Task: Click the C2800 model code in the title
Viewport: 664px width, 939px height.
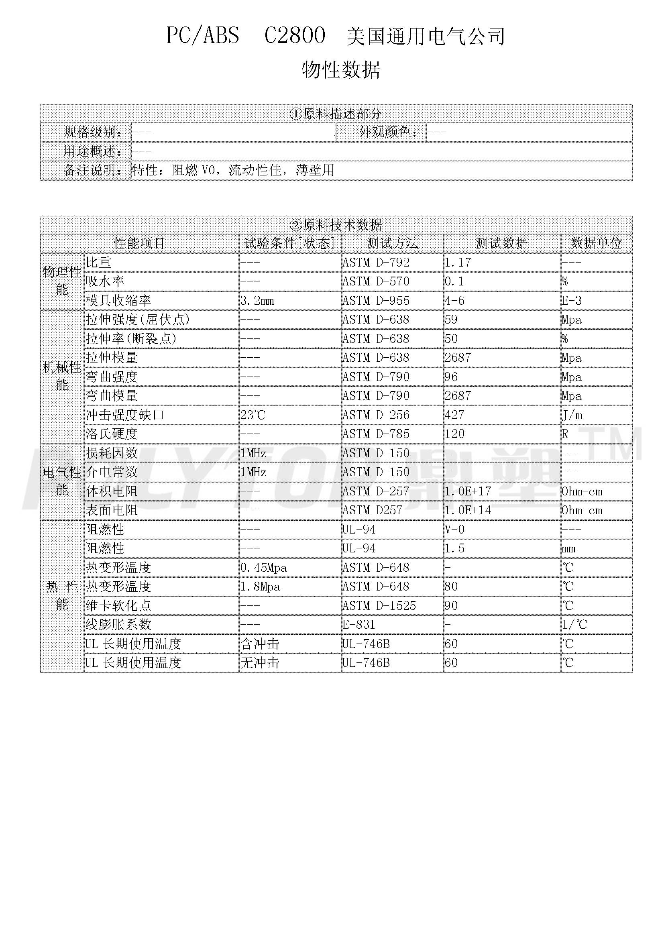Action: point(294,36)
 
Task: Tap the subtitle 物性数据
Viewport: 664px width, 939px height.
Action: point(341,69)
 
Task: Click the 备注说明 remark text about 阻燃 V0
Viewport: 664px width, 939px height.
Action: point(233,170)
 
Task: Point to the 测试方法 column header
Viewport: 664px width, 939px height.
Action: point(393,243)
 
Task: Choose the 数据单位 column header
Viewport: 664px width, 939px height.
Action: point(596,243)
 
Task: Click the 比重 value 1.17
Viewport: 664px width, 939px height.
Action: point(458,263)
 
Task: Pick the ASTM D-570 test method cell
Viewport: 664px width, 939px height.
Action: point(376,281)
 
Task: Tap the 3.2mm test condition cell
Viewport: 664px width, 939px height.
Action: point(257,301)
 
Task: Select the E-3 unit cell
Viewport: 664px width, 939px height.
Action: point(571,301)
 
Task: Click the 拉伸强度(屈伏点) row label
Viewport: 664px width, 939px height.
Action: point(138,320)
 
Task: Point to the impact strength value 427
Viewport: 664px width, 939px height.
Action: point(454,415)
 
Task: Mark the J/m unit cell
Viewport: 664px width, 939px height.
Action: point(572,415)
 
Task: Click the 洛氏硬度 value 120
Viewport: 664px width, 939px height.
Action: point(454,434)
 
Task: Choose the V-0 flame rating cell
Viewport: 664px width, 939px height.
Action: point(454,530)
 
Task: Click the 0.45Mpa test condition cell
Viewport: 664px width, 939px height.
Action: point(264,568)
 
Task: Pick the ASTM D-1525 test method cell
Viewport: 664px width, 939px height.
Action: point(379,606)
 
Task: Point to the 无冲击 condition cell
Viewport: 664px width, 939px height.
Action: point(260,663)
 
